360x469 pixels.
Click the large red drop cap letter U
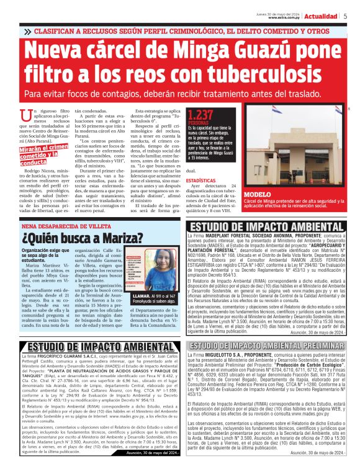(x=25, y=115)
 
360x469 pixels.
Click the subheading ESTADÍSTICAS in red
(x=201, y=181)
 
